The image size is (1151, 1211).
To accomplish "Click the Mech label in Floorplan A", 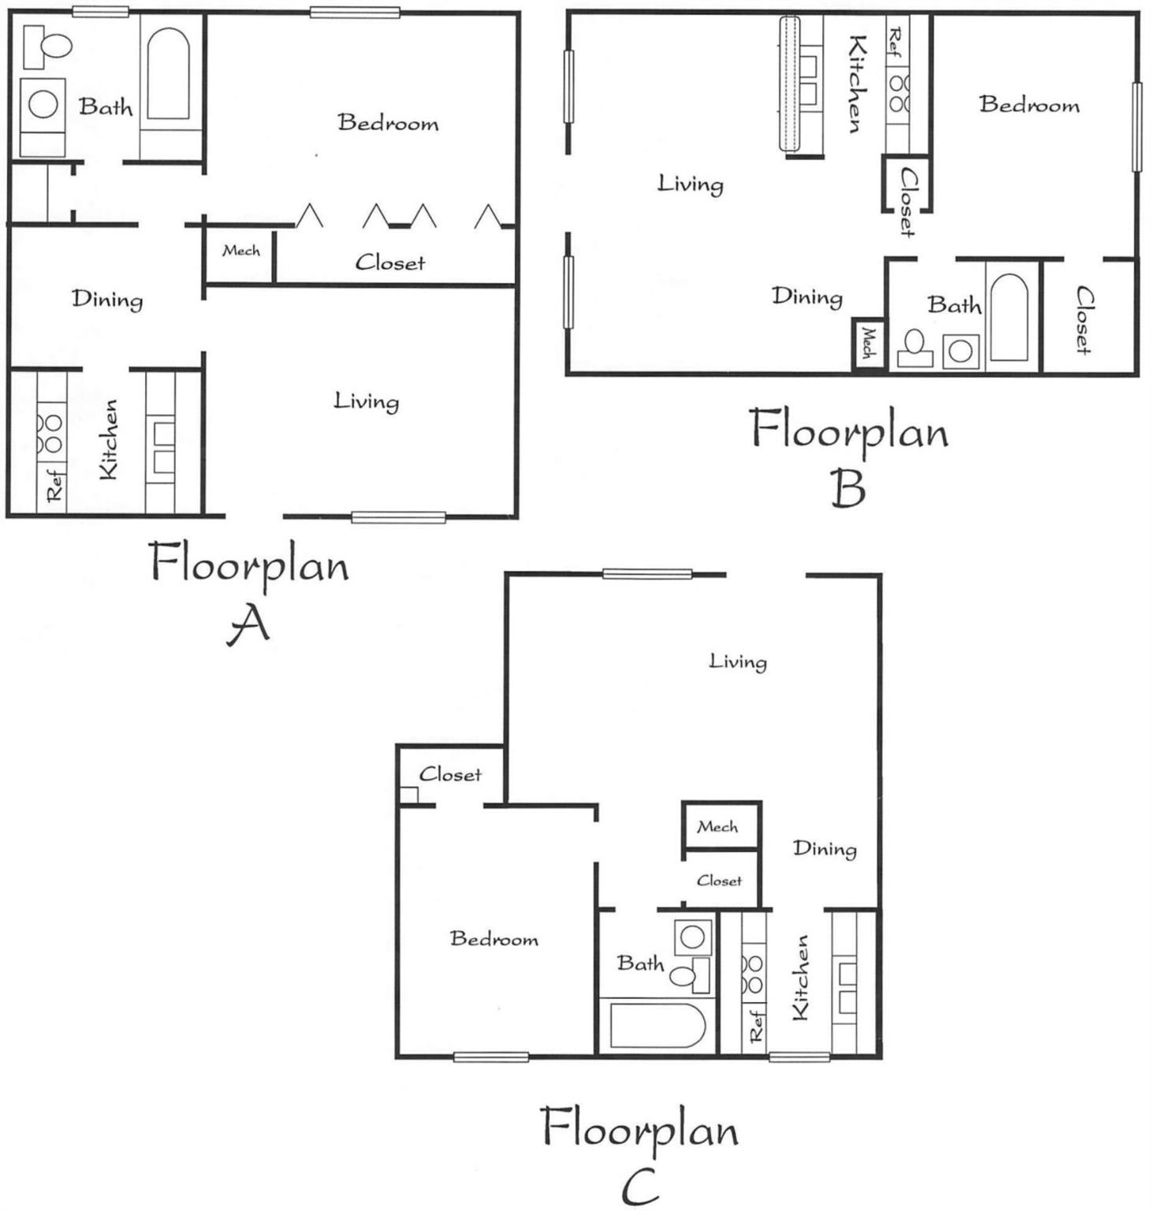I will [240, 251].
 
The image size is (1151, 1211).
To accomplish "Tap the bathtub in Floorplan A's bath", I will [168, 75].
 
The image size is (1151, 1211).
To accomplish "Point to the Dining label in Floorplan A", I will [107, 299].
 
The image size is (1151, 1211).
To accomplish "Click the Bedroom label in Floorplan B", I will [1029, 105].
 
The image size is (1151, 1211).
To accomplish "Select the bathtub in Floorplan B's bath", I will [1008, 317].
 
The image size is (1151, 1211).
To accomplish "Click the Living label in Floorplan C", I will [737, 661].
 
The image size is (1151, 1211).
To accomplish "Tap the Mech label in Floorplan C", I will [717, 827].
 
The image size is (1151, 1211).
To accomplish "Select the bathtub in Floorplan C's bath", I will [657, 1026].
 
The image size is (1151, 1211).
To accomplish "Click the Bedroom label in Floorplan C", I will [494, 938].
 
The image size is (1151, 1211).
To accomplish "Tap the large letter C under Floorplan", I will [639, 1187].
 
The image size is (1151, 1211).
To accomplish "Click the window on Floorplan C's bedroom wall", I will [490, 1056].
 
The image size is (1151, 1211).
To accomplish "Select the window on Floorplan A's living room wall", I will [398, 517].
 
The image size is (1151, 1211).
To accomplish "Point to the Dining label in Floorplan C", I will [825, 848].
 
